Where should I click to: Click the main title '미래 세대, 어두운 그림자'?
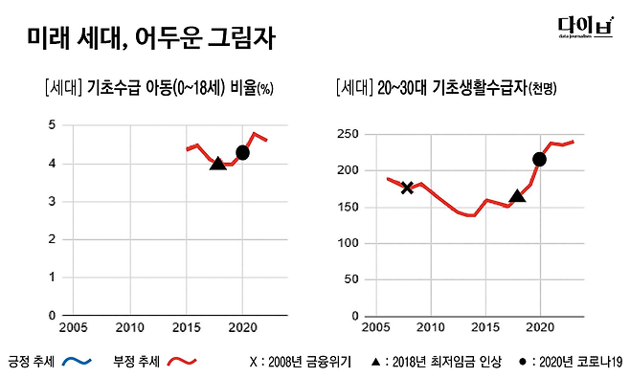click(x=150, y=39)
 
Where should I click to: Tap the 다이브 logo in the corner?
click(x=584, y=30)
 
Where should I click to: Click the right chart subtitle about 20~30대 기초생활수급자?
click(x=446, y=89)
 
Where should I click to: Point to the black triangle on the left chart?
click(x=217, y=164)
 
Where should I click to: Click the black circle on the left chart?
click(x=242, y=152)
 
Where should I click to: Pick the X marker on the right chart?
click(x=407, y=188)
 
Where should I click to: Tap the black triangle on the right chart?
click(x=517, y=196)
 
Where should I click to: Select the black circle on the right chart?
click(x=539, y=159)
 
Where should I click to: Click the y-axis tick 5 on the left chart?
click(x=52, y=125)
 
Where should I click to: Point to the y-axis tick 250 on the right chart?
click(x=349, y=133)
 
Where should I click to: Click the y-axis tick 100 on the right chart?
click(x=349, y=243)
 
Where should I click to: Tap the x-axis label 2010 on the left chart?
click(x=130, y=327)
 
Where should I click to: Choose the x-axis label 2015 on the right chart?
click(x=485, y=327)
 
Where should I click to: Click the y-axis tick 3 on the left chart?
click(x=52, y=202)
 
